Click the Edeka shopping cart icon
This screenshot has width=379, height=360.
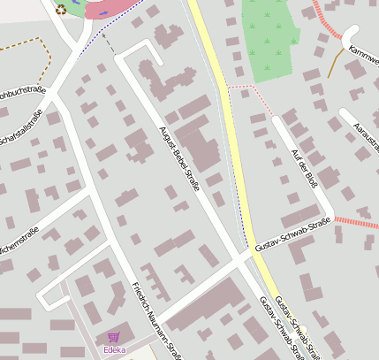(x=113, y=337)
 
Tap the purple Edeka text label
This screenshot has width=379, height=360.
(x=114, y=350)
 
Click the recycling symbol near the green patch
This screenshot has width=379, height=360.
(x=61, y=10)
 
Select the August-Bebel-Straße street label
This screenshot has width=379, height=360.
(x=179, y=158)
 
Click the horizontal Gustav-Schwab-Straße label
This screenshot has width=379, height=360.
(x=291, y=234)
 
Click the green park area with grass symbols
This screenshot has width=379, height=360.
(x=276, y=40)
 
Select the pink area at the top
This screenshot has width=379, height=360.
(x=115, y=10)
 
